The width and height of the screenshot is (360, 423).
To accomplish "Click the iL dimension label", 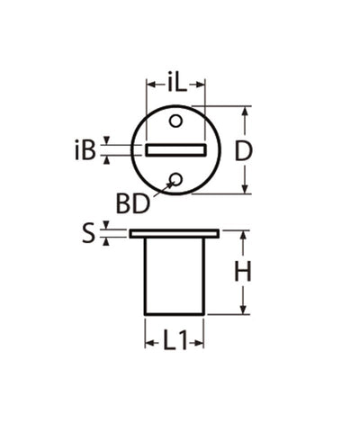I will point(175,85).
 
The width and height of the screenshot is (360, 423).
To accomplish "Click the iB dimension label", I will point(85,149).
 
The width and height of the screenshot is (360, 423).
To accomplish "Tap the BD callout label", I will point(133,203).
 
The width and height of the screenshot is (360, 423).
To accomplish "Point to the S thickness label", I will point(88,234).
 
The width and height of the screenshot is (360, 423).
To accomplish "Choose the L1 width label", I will point(175,342).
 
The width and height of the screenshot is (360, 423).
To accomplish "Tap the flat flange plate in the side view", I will point(175,234).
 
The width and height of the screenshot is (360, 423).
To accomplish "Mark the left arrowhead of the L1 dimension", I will point(149,342).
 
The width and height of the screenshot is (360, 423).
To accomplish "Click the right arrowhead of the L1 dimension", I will point(202,342).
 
